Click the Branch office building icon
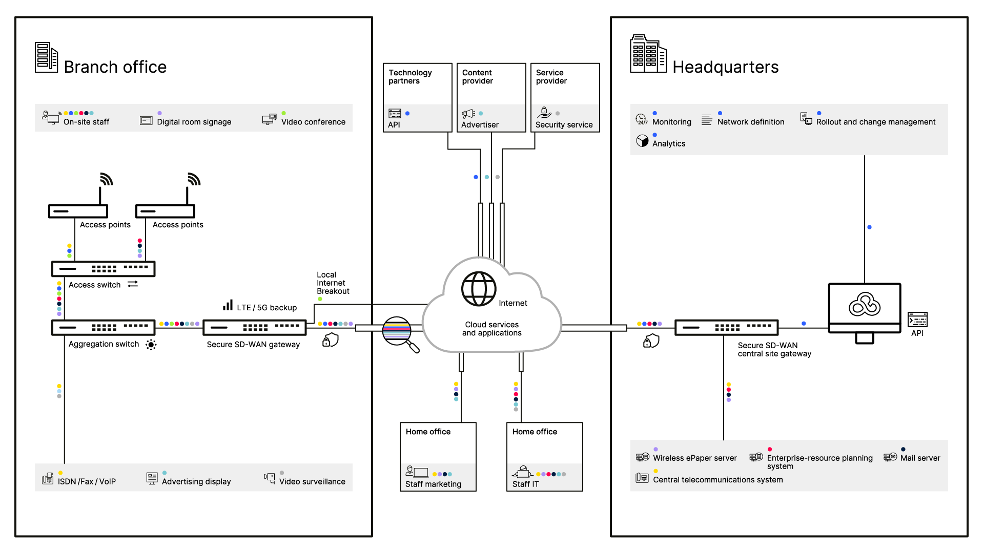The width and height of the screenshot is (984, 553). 46,57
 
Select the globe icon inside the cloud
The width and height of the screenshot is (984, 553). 479,289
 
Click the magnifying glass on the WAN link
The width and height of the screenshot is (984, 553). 400,334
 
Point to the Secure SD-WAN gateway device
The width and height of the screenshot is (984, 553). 255,327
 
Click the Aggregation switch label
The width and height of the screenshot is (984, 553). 104,344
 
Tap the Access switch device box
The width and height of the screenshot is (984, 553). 103,269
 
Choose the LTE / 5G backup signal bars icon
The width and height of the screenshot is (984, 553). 228,305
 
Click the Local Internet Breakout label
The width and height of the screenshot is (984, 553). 333,283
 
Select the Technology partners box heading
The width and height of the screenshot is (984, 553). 410,77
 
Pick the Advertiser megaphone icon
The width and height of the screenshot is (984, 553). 468,114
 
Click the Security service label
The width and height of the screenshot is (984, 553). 564,125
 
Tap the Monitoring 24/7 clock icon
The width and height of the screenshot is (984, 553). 642,119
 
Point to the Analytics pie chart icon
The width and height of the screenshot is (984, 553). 642,141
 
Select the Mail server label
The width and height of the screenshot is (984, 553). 920,458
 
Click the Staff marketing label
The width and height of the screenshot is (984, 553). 433,484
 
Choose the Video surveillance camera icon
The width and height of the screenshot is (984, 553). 270,478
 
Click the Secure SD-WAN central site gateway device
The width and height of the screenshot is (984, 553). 727,327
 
